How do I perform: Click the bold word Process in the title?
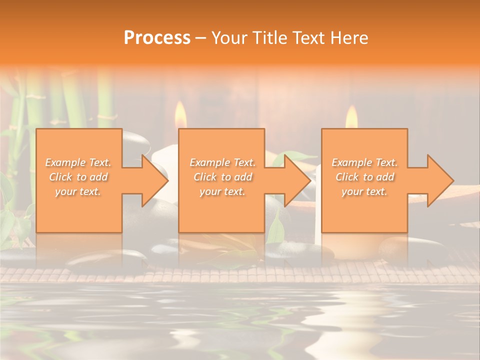click(157, 38)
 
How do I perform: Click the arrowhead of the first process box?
click(154, 180)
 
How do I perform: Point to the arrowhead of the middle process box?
click(297, 180)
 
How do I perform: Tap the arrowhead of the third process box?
click(439, 180)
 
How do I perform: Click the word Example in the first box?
click(65, 162)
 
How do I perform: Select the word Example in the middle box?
click(209, 162)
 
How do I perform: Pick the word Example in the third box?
click(351, 162)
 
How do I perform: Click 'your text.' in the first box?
click(78, 191)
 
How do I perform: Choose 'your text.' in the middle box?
click(222, 191)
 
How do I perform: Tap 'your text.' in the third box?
click(364, 191)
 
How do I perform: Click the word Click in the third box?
click(347, 177)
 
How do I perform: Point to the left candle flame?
click(180, 116)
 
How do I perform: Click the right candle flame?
click(352, 118)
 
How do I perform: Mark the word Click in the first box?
click(60, 177)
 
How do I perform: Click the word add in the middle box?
click(242, 177)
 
